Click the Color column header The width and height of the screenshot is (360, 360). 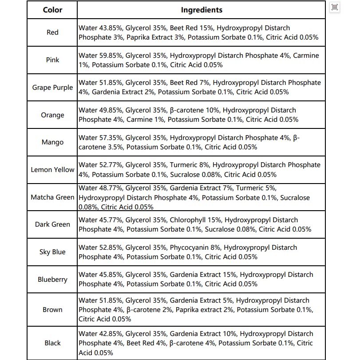pos(52,10)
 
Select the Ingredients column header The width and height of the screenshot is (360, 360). pos(202,10)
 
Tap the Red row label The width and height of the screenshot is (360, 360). pos(52,32)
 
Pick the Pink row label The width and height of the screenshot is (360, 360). pos(52,60)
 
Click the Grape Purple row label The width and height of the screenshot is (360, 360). pos(52,88)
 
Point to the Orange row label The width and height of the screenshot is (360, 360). pos(52,115)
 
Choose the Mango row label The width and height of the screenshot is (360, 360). pos(52,143)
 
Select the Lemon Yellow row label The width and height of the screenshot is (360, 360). pos(52,170)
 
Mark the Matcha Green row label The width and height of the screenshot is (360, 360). pos(52,197)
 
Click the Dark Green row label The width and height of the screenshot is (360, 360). pos(52,224)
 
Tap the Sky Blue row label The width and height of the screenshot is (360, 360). pos(52,252)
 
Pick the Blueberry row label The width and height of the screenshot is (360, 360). pos(52,280)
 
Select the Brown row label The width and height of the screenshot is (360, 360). pos(52,310)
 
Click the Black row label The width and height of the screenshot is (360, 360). pos(52,343)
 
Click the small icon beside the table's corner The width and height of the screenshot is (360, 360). pos(335,7)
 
